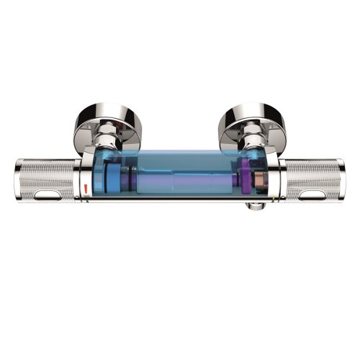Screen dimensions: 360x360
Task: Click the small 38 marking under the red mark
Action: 86,197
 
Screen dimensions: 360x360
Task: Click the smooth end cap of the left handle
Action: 16,180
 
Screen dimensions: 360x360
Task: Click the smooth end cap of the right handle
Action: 344,180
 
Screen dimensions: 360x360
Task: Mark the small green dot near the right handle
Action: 277,194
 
